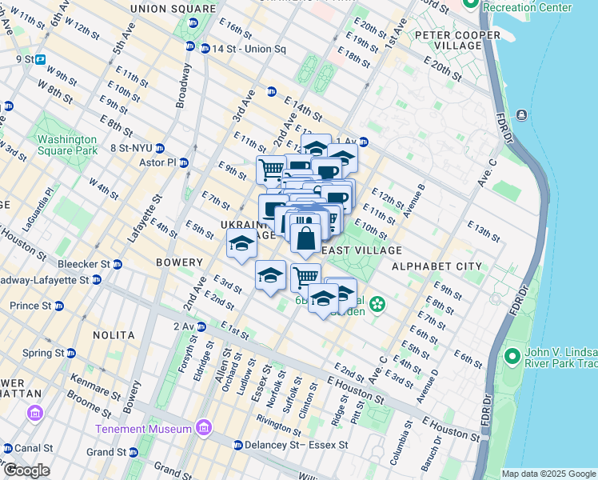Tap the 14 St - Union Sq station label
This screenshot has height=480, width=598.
(x=248, y=48)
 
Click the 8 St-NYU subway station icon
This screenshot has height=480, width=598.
(x=160, y=148)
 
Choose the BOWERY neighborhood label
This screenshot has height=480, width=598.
(x=180, y=262)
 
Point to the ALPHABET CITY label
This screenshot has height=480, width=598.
(x=448, y=266)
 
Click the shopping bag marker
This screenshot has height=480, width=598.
(x=306, y=238)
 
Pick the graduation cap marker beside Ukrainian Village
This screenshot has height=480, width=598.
(x=240, y=244)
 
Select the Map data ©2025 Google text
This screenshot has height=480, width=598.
(x=548, y=474)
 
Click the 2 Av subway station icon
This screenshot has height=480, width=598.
(x=201, y=326)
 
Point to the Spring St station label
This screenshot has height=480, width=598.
(x=42, y=353)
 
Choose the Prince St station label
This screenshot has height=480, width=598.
(x=30, y=306)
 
